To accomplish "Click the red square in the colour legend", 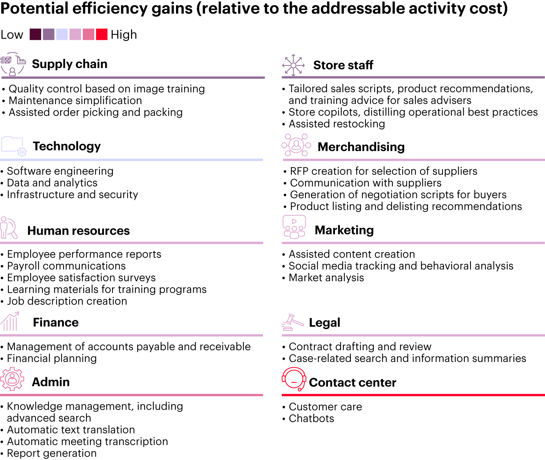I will point(102,34).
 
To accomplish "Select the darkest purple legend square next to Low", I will point(35,34).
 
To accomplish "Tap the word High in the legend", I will point(124,35).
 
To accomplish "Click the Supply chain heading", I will point(70,64).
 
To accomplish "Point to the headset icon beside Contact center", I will point(294,379).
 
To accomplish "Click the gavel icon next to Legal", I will point(293,322).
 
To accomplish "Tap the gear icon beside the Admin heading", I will point(12,379).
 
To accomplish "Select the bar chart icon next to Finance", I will point(10,321).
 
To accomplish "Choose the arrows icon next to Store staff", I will point(293,65).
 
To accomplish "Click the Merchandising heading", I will point(361,147).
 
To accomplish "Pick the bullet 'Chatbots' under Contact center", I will point(311,418).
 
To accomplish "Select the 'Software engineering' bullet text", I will point(60,171).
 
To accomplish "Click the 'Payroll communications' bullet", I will point(66,266).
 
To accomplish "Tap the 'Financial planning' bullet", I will point(52,358).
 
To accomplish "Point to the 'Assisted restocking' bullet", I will point(337,124).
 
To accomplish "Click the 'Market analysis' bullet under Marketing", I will point(326,278).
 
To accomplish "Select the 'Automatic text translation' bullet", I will point(71,430).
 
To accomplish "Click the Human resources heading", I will point(78,231).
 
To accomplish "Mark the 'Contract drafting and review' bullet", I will point(360,346).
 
